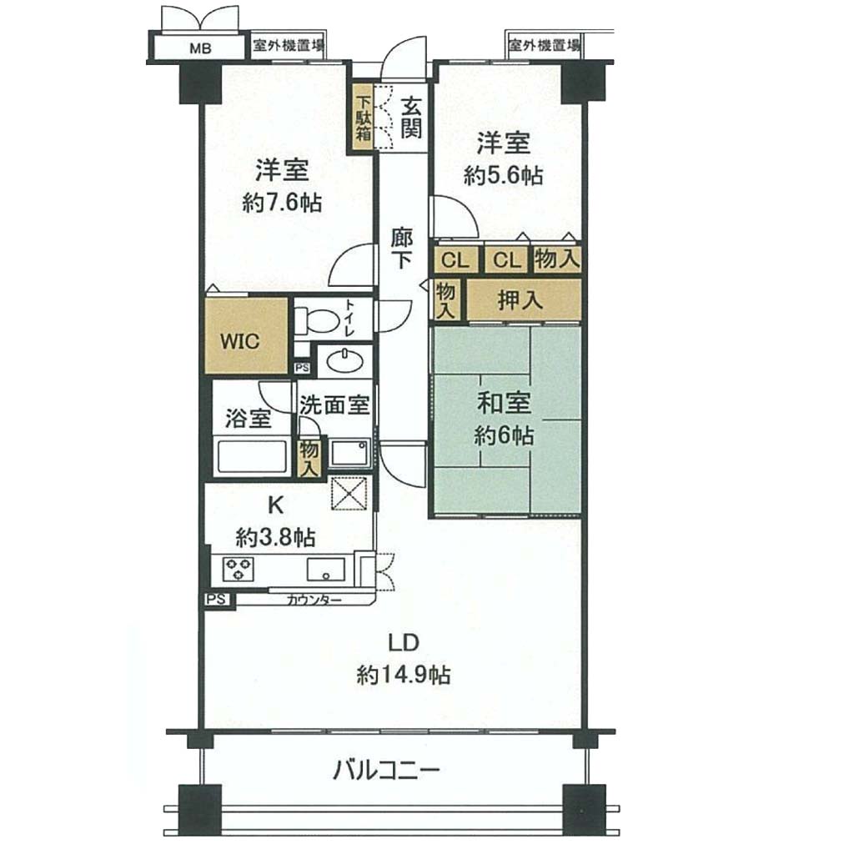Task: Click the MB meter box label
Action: [200, 48]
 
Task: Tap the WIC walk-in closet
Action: [246, 335]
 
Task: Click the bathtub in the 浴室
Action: [252, 456]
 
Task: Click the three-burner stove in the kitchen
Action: [238, 569]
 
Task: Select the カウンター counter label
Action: [314, 600]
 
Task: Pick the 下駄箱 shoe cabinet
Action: [364, 118]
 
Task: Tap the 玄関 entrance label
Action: [411, 117]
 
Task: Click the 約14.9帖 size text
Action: [404, 676]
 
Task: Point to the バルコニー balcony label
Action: [386, 771]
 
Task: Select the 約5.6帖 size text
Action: [503, 176]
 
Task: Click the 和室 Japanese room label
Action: [504, 404]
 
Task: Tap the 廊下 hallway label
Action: [402, 249]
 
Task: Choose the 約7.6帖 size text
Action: [282, 203]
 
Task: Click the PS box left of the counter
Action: [217, 600]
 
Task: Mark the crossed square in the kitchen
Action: [349, 494]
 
